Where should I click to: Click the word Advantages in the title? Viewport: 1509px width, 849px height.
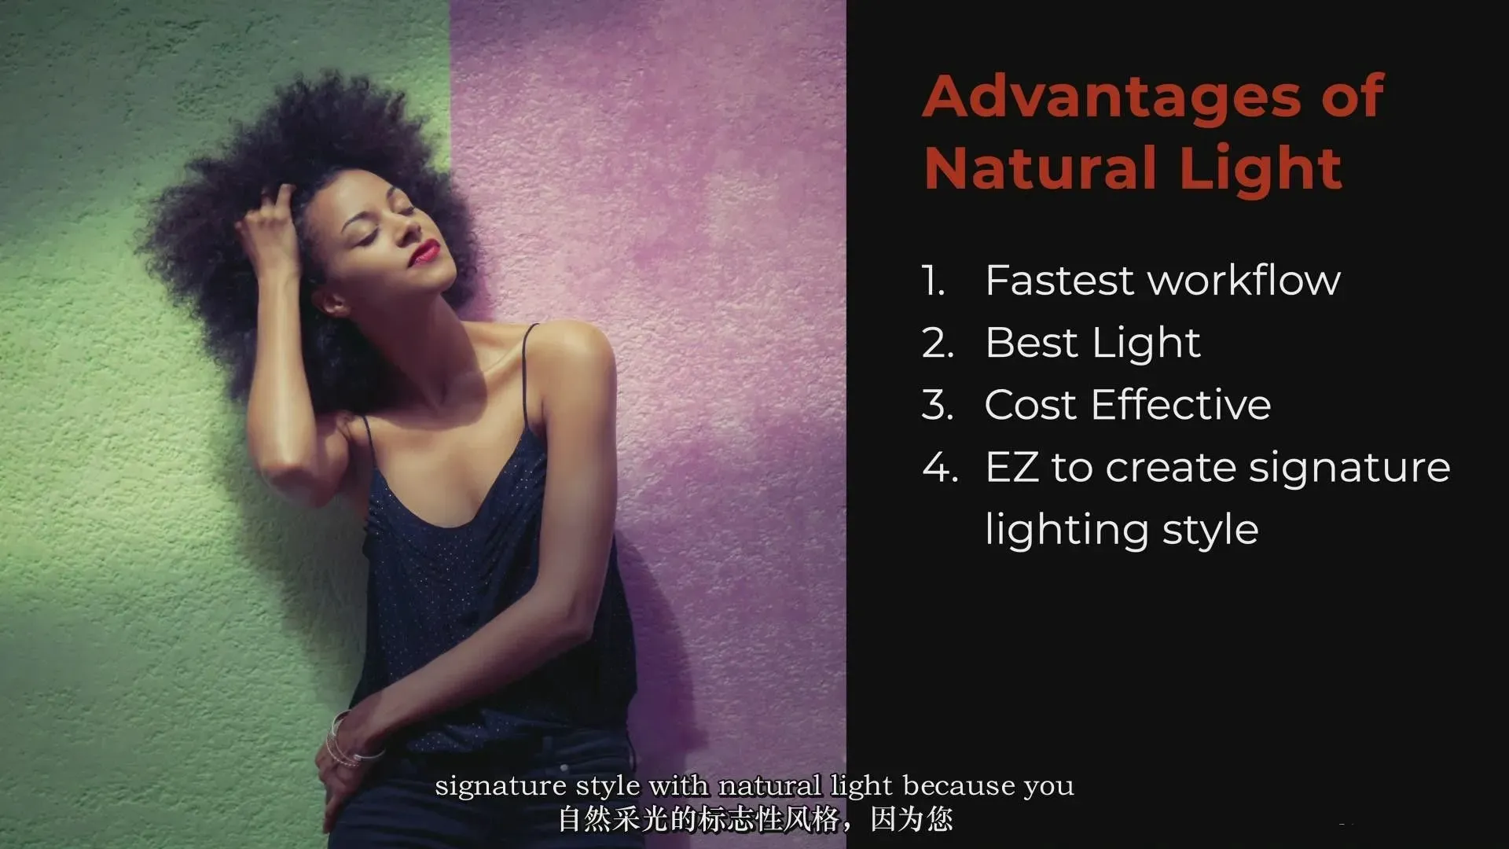1112,97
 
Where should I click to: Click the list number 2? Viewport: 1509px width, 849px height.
937,344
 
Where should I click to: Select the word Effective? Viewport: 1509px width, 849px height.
1181,405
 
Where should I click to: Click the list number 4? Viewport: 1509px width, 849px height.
939,468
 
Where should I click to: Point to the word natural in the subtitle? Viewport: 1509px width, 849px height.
770,785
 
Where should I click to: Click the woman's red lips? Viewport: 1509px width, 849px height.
426,252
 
